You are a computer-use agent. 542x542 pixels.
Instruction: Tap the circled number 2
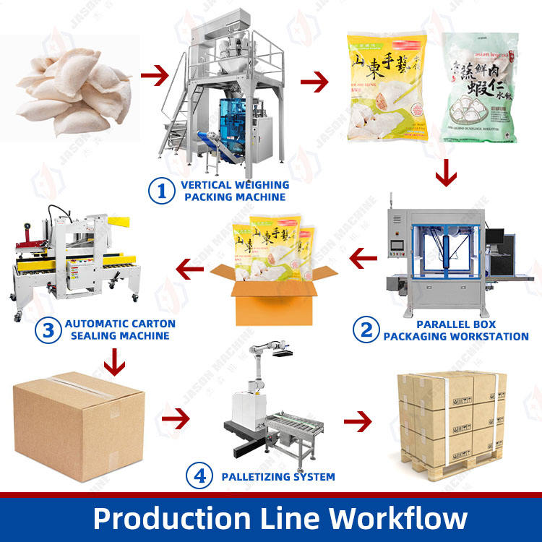click(366, 330)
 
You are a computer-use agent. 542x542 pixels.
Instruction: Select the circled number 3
click(48, 330)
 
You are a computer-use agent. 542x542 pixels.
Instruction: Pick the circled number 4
click(199, 476)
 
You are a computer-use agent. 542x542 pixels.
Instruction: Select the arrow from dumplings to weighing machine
click(153, 74)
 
